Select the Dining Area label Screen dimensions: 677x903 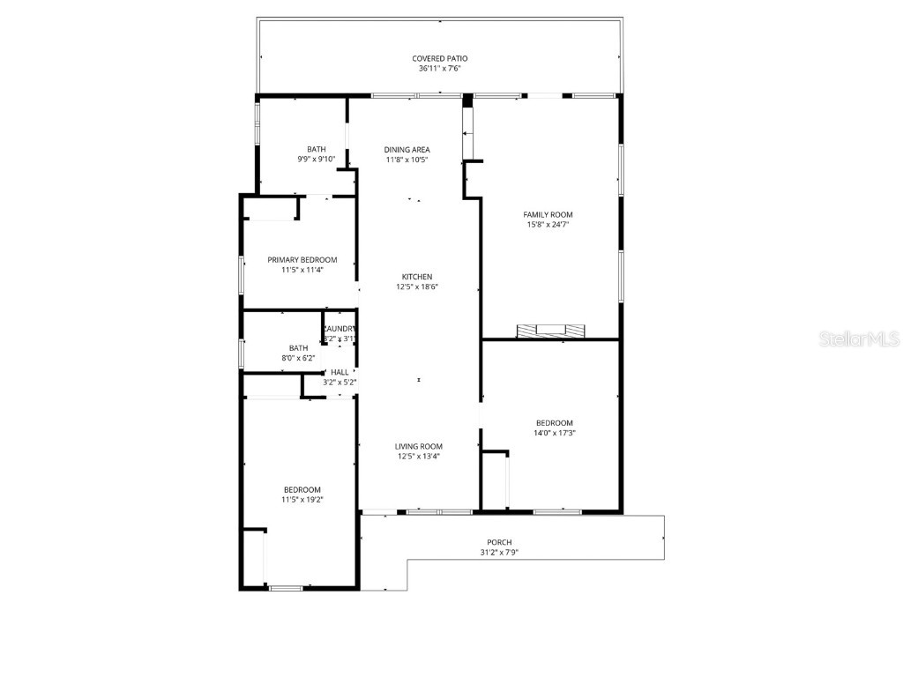(407, 150)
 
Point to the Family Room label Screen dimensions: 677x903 (549, 214)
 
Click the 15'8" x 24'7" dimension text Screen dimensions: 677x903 (549, 225)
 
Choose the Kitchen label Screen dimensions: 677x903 (417, 277)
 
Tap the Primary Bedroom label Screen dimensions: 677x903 (302, 260)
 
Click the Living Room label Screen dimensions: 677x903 (419, 446)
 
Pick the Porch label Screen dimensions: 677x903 (499, 542)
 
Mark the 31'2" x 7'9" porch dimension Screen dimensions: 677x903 (499, 553)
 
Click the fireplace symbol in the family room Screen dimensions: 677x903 (550, 331)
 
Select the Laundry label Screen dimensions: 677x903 (340, 329)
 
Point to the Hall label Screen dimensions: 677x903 (340, 373)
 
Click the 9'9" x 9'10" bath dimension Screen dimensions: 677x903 (316, 160)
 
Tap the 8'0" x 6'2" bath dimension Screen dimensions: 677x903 (298, 358)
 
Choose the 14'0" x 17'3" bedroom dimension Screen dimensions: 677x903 (555, 433)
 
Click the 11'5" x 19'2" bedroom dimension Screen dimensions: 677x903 (302, 500)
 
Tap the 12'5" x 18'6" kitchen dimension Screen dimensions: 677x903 (417, 287)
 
